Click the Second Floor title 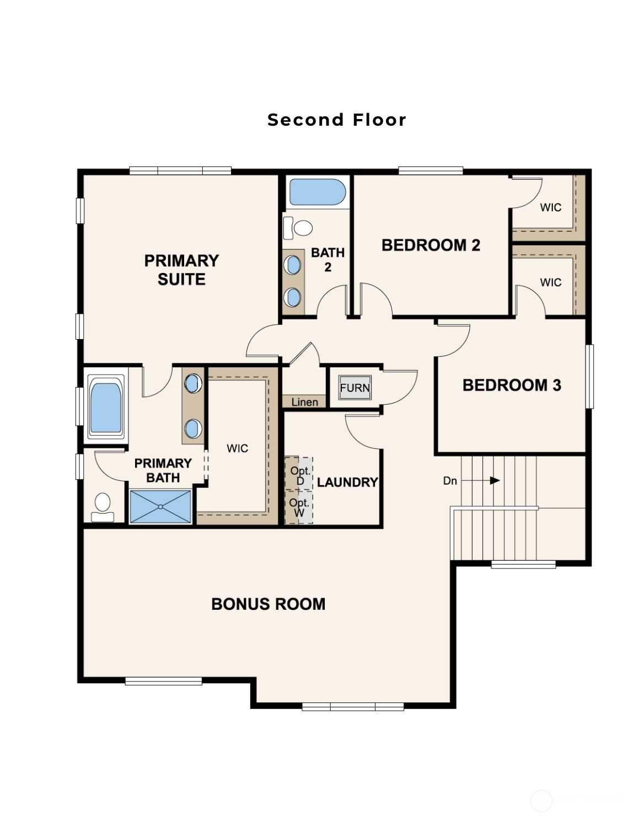pos(337,120)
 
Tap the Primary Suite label pos(181,270)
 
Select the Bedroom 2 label pos(431,245)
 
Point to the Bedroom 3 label pos(512,385)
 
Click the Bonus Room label pos(269,604)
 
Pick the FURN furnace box pos(355,388)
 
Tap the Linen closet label pos(304,402)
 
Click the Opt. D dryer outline pos(299,474)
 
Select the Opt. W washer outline pos(299,507)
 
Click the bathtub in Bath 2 pos(318,192)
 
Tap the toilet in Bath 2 pos(298,228)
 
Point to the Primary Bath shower pos(160,507)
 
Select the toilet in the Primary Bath pos(103,507)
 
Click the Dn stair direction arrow pos(480,481)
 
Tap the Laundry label pos(347,482)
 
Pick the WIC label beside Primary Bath pos(237,449)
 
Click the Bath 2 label pos(327,260)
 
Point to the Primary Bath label pos(163,470)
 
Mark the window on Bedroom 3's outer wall pos(589,377)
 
